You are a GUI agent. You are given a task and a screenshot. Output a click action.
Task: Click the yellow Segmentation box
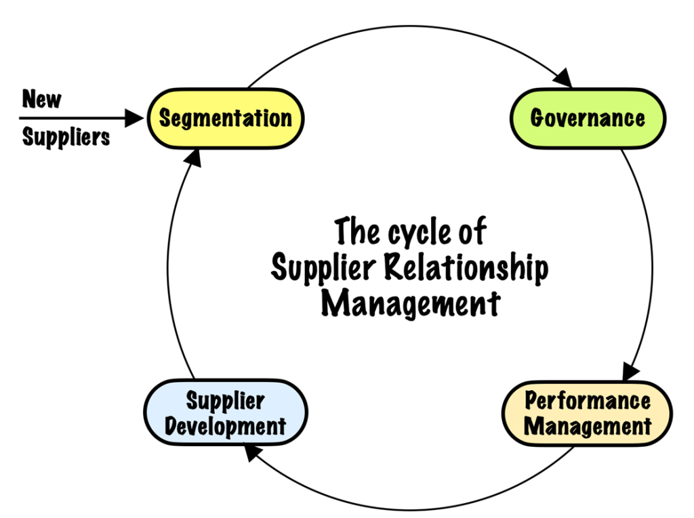click(225, 118)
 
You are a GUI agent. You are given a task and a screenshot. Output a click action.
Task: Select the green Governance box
click(588, 118)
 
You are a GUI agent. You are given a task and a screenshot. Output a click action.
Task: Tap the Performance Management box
click(587, 413)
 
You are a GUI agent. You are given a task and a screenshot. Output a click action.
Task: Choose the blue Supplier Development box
click(226, 413)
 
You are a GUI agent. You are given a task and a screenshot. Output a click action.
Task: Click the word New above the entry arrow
click(41, 99)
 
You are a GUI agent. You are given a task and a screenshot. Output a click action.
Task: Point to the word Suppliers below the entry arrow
click(66, 137)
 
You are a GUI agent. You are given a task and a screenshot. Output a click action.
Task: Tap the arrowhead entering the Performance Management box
click(631, 371)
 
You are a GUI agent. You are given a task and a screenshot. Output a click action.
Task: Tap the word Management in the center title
click(410, 303)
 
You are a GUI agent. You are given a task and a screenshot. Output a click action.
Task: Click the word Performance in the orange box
click(588, 400)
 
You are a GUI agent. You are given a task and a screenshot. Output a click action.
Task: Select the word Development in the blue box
click(226, 427)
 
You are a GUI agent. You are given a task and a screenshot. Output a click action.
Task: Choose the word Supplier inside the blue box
click(225, 401)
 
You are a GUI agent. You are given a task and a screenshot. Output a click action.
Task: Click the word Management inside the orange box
click(588, 427)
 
